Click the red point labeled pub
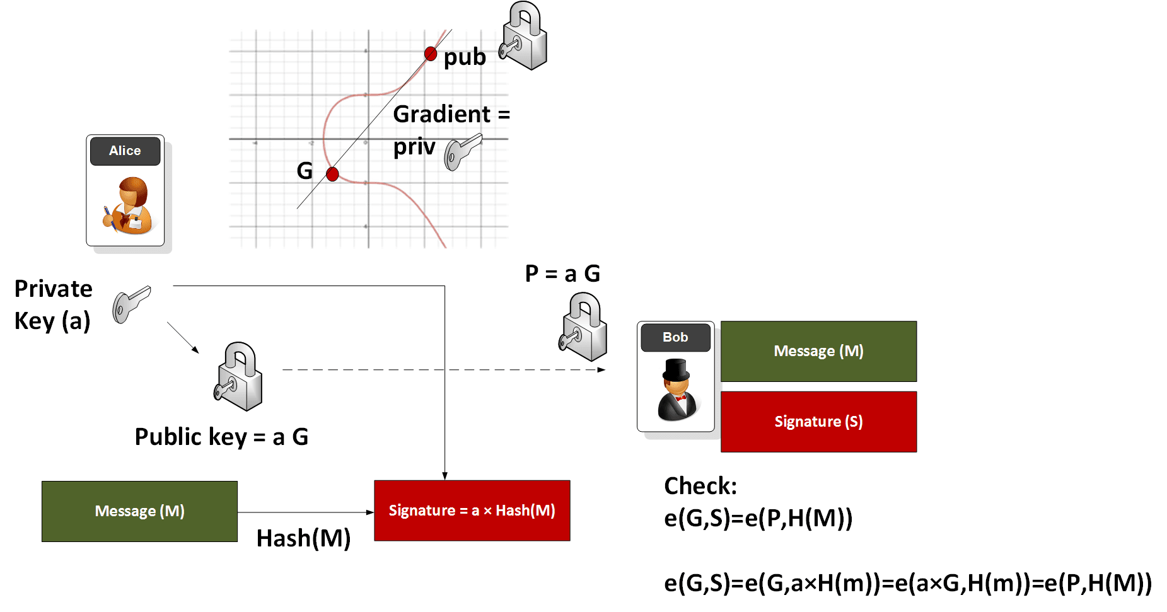click(431, 54)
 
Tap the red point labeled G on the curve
click(332, 174)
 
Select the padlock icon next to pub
click(524, 37)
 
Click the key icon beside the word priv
click(462, 152)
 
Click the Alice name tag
click(125, 151)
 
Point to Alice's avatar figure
click(128, 205)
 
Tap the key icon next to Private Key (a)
click(131, 304)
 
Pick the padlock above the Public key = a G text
click(238, 376)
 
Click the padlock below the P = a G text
click(583, 326)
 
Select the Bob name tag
click(675, 337)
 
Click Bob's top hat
click(676, 370)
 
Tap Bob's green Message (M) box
click(818, 351)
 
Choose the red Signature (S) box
click(818, 422)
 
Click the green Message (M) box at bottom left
click(139, 511)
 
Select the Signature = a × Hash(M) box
click(472, 511)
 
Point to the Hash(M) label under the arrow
click(303, 538)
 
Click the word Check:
click(700, 486)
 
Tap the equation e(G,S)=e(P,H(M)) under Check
click(758, 518)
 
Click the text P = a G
click(562, 274)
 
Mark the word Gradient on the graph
click(441, 114)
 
